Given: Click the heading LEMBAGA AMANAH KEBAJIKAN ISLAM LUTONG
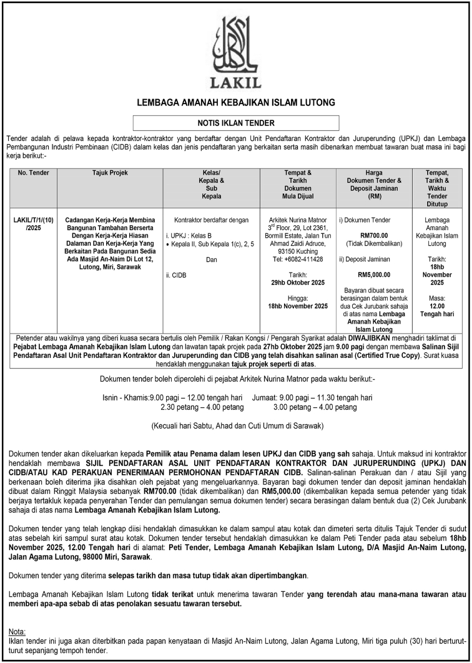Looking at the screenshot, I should [x=236, y=102].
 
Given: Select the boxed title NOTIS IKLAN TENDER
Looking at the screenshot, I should [x=236, y=123].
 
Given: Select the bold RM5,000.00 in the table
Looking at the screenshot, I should [x=374, y=274].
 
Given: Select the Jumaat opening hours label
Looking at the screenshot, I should [x=268, y=397].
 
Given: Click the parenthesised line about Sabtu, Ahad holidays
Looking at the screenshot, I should [x=236, y=426].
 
